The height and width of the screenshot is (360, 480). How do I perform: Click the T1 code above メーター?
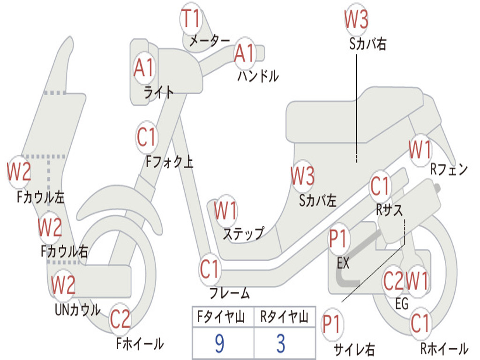[191, 19]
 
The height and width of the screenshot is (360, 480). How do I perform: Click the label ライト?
[158, 92]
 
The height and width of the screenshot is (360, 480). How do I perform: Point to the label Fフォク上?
[169, 162]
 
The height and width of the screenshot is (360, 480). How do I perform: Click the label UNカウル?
[77, 310]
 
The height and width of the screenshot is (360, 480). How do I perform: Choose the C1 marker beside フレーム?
[210, 270]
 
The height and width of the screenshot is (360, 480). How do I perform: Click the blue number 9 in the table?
[219, 344]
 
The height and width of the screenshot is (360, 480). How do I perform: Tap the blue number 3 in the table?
[280, 344]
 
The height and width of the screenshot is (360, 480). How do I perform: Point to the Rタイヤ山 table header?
[284, 318]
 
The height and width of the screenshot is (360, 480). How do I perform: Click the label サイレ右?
[354, 349]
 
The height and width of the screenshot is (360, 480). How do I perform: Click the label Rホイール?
[443, 348]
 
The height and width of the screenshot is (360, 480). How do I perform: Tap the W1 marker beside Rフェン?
[420, 150]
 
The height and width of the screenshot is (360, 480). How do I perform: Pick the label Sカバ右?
[367, 44]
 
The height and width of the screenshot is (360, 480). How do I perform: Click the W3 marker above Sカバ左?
[302, 177]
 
